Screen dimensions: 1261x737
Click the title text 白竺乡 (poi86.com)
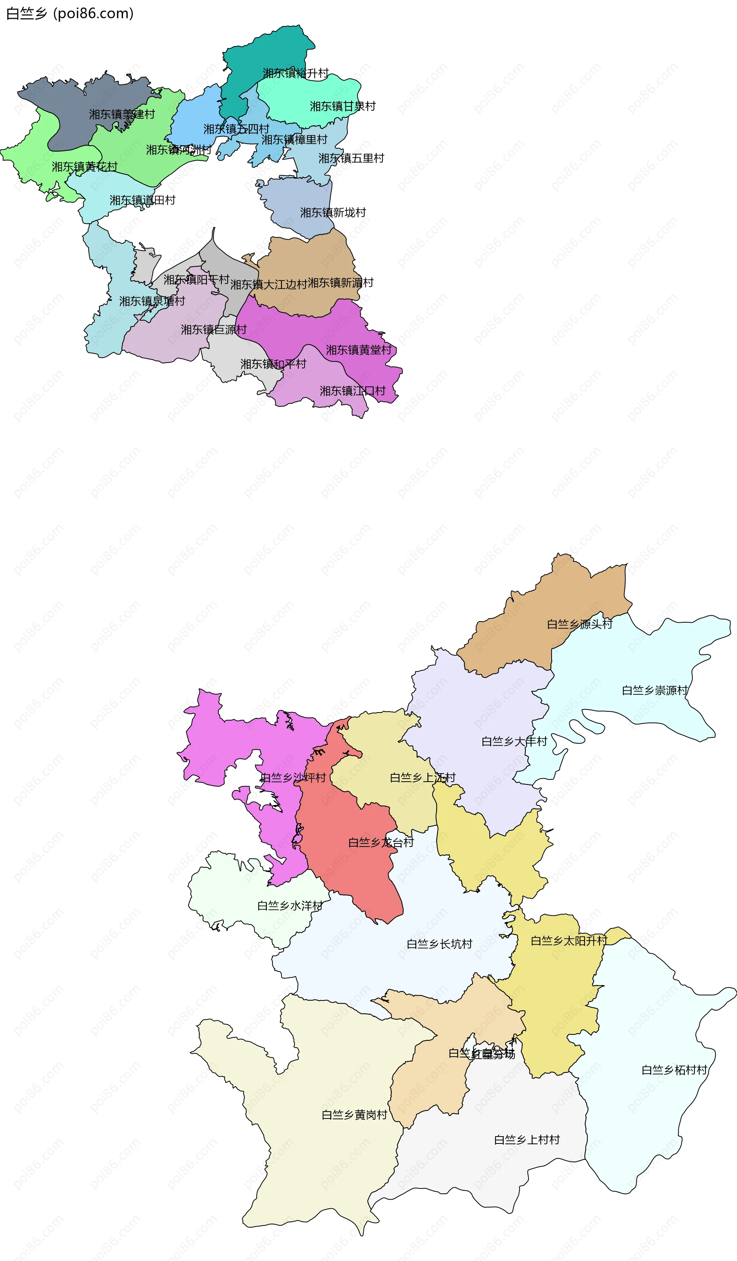pyautogui.click(x=70, y=13)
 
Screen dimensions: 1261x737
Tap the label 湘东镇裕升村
pyautogui.click(x=296, y=73)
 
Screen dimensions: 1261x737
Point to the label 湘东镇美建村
pyautogui.click(x=122, y=114)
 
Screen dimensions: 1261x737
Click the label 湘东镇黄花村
pyautogui.click(x=84, y=166)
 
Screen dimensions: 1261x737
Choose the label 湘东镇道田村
pyautogui.click(x=142, y=200)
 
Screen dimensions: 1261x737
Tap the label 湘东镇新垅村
pyautogui.click(x=333, y=213)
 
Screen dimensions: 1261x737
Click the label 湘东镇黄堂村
pyautogui.click(x=359, y=350)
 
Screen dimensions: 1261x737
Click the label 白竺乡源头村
pyautogui.click(x=580, y=624)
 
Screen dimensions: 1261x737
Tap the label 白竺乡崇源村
pyautogui.click(x=654, y=690)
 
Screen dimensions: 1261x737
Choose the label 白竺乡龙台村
pyautogui.click(x=381, y=842)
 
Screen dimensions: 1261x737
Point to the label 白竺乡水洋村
pyautogui.click(x=289, y=905)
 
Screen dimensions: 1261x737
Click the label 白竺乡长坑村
pyautogui.click(x=439, y=944)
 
